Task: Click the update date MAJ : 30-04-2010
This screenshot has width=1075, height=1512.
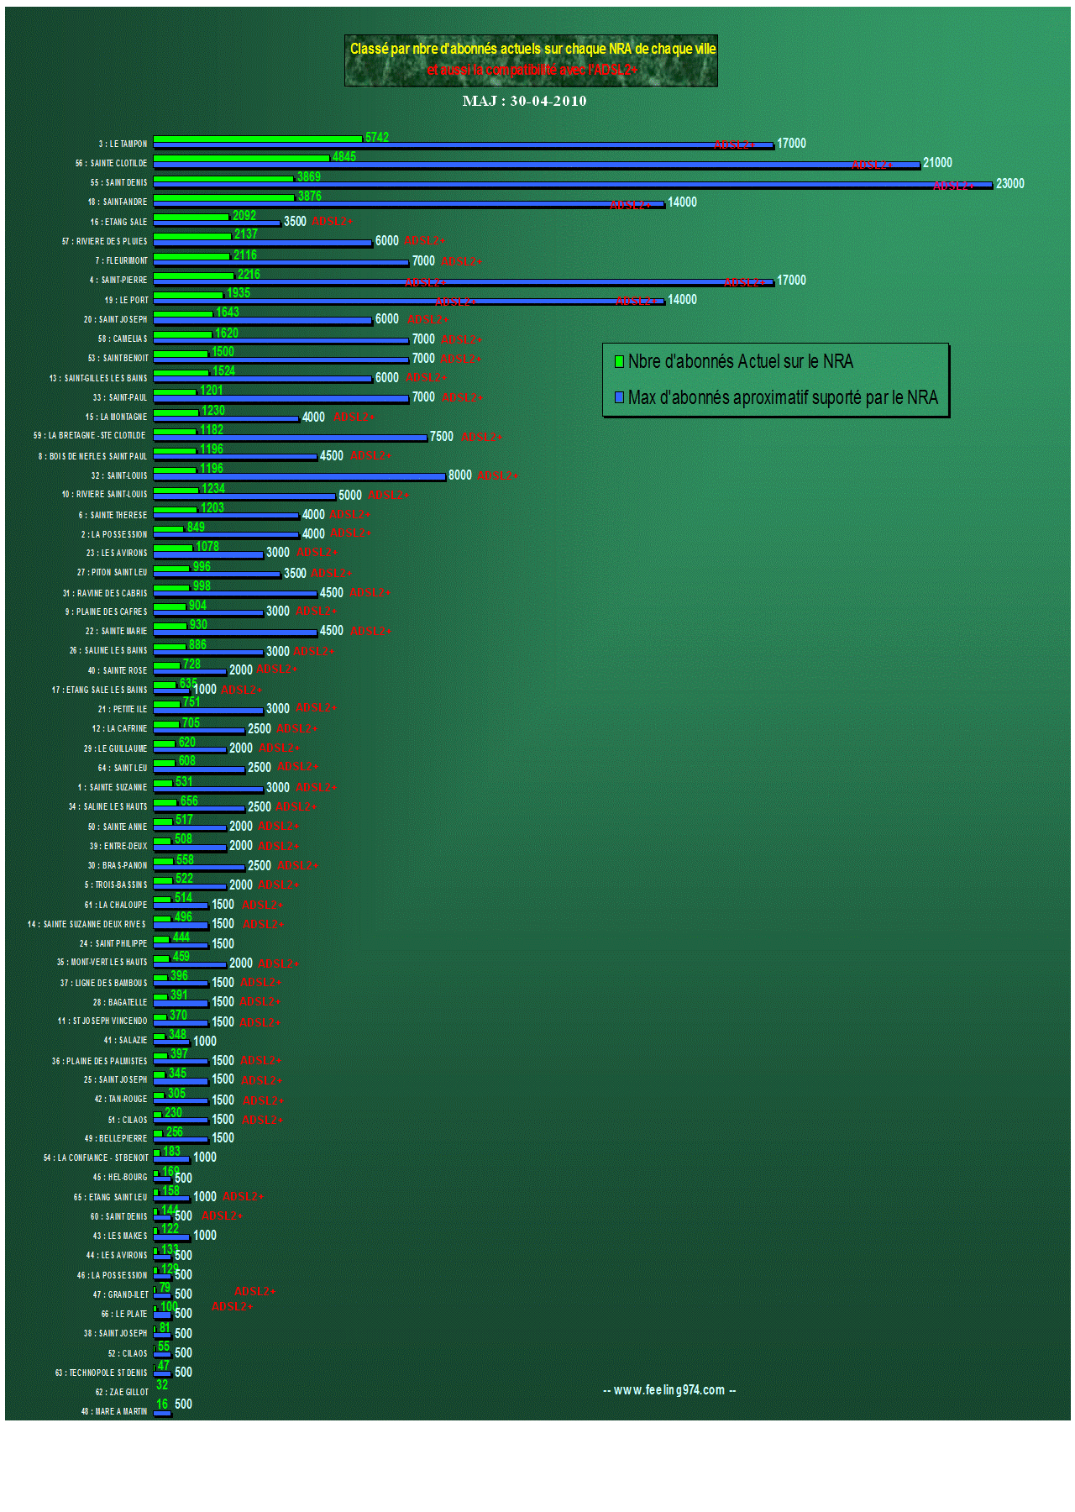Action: click(x=524, y=101)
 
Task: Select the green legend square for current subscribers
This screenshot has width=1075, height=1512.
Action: click(x=619, y=362)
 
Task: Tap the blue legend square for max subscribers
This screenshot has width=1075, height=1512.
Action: click(x=619, y=397)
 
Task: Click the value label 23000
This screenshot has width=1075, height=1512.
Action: click(x=1009, y=184)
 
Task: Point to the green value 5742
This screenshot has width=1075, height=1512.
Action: click(x=377, y=137)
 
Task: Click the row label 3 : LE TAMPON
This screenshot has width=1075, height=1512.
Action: click(x=123, y=144)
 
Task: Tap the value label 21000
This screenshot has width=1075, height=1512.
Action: click(x=937, y=163)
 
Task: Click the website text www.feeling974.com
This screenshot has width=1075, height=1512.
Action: click(x=669, y=1390)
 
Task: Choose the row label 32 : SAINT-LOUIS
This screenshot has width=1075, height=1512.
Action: click(x=119, y=475)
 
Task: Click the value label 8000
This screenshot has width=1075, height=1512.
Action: click(x=460, y=475)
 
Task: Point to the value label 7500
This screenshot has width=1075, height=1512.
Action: click(x=442, y=437)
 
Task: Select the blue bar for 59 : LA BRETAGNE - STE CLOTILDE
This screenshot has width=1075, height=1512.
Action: click(x=290, y=438)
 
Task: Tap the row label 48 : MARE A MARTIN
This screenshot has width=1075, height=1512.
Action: click(x=114, y=1411)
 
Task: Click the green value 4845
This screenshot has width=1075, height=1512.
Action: click(x=344, y=157)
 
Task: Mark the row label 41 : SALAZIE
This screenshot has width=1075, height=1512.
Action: click(x=125, y=1041)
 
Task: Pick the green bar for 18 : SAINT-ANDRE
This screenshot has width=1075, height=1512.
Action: click(x=223, y=197)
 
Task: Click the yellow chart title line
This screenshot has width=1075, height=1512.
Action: click(x=532, y=49)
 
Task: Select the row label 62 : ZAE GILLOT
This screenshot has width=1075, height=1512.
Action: click(x=122, y=1392)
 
